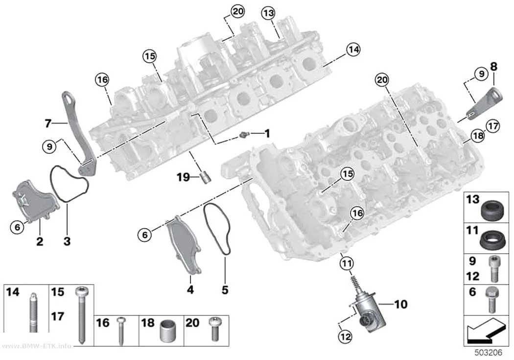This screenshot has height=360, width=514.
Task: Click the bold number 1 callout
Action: tap(267, 133)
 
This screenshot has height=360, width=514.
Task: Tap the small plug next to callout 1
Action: tap(244, 134)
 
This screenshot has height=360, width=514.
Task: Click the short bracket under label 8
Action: tap(484, 103)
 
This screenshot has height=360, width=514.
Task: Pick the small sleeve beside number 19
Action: tap(207, 177)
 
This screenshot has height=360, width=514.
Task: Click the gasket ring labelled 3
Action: tap(69, 184)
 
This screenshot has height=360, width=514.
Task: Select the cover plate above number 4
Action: tap(184, 244)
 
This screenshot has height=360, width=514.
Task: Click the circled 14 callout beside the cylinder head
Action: tap(353, 49)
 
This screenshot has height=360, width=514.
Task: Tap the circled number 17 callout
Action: tap(493, 126)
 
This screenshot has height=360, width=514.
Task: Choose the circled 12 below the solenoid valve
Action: tap(346, 336)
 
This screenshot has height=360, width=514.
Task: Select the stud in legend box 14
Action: tap(33, 312)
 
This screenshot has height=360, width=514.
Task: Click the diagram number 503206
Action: tap(489, 353)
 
